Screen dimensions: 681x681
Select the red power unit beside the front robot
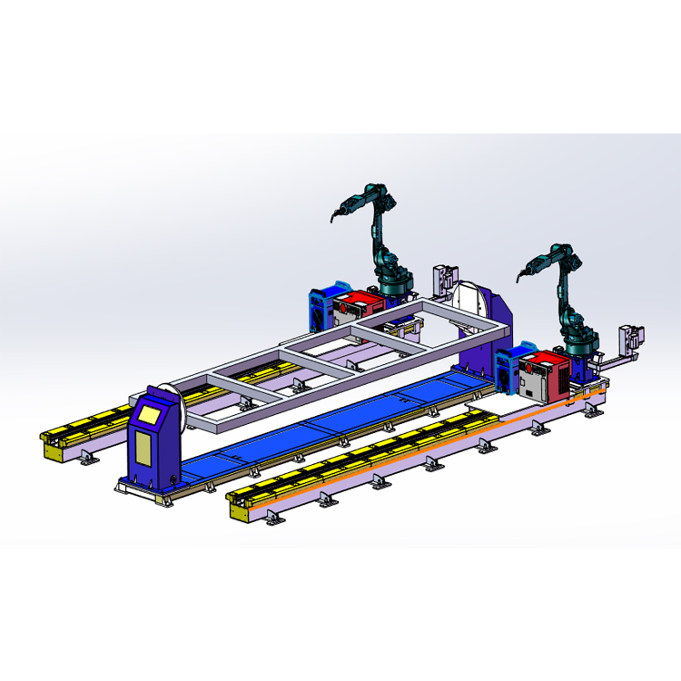tap(550, 374)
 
